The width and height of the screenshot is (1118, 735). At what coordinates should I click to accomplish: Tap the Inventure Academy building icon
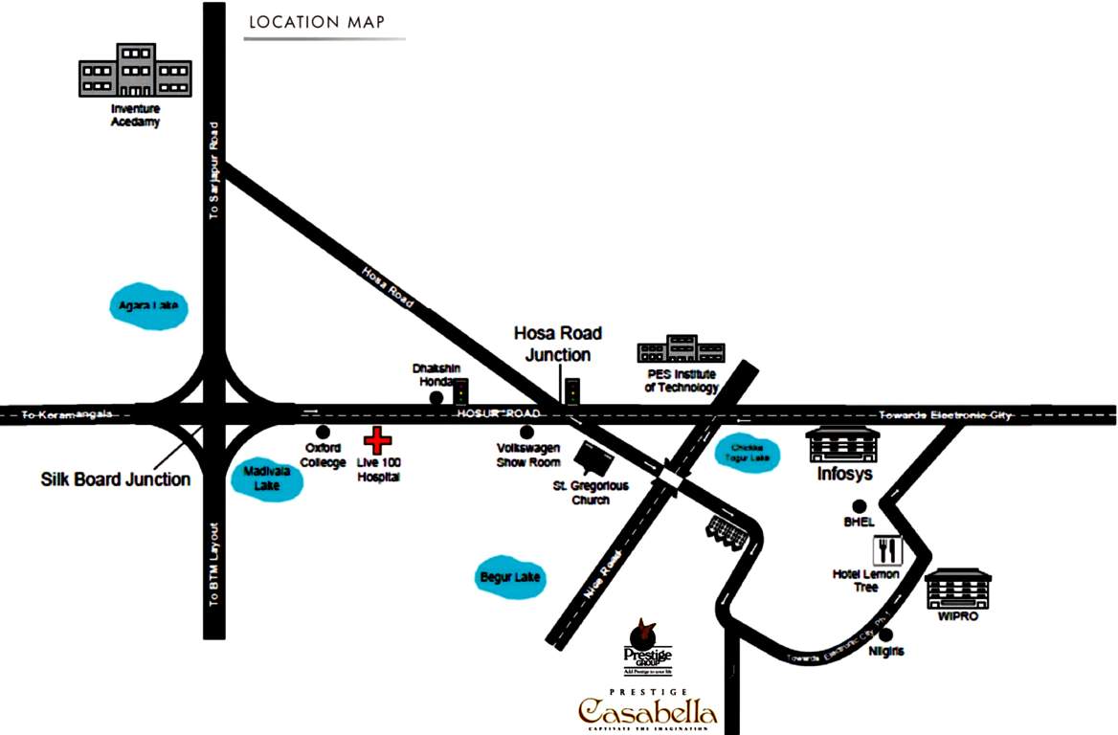pos(134,71)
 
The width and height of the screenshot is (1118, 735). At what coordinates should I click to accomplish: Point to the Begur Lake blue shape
pos(511,577)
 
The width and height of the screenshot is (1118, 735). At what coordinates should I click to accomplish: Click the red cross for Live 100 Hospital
pos(378,441)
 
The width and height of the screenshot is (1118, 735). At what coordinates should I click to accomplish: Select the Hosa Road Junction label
pos(558,344)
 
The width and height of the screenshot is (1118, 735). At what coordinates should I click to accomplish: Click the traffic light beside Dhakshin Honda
pos(461,391)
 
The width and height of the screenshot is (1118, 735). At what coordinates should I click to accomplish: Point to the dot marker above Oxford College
pos(324,433)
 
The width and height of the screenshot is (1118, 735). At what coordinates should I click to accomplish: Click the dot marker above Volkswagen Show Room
pos(526,433)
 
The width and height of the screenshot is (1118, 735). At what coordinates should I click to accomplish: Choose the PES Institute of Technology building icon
pos(682,350)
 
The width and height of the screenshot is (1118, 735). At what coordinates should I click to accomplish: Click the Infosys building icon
pos(842,445)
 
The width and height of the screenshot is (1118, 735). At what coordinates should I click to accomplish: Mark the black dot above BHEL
pos(860,506)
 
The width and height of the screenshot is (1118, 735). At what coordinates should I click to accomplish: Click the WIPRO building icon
pos(958,589)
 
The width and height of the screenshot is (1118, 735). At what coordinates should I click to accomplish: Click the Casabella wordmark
pos(647,712)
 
